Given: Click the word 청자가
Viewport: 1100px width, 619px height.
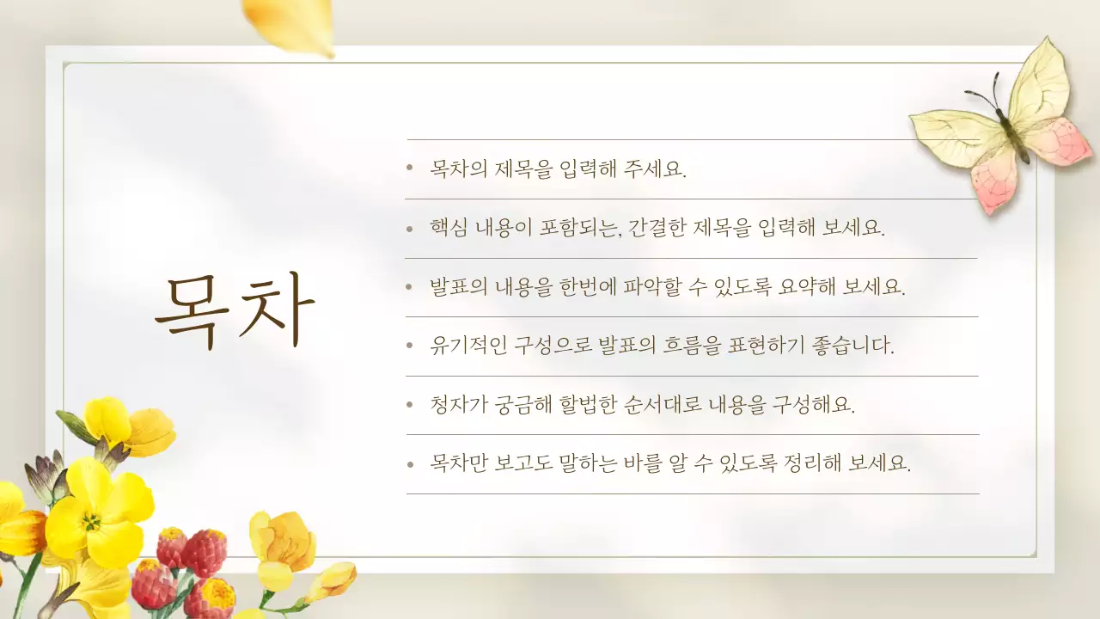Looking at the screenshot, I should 459,404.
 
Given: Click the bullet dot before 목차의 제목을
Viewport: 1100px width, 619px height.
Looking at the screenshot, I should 411,169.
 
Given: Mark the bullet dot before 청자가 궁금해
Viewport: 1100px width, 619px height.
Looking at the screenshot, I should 411,405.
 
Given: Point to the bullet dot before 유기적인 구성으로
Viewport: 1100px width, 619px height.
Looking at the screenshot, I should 411,346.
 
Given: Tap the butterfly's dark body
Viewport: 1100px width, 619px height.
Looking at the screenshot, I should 1011,129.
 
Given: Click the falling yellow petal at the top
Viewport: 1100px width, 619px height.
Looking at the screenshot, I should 289,24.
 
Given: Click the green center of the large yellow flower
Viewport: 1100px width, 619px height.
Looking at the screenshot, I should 90,521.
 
